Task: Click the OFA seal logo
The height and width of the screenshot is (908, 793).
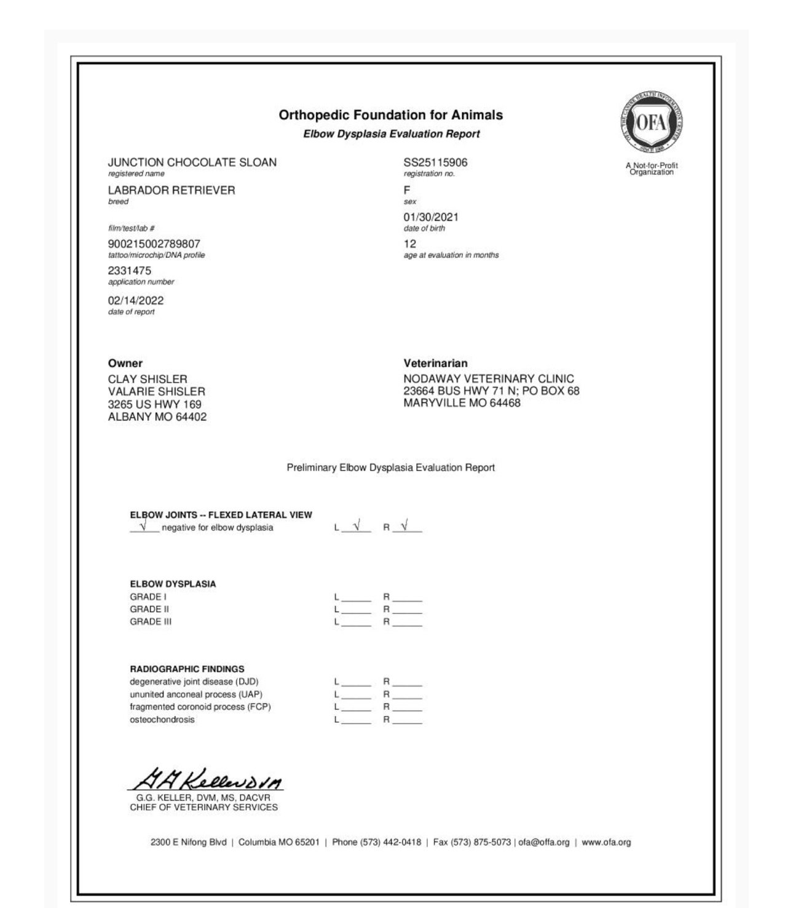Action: (651, 122)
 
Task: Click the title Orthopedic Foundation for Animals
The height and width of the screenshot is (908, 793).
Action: (390, 115)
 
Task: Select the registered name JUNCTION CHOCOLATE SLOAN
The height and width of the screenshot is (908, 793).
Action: (192, 162)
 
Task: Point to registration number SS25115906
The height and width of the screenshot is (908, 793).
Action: (435, 162)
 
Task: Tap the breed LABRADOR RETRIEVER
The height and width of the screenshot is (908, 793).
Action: (172, 190)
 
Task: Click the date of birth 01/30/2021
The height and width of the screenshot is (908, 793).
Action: (431, 217)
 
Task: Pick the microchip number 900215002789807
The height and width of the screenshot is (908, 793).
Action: (154, 244)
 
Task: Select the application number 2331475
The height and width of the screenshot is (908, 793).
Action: (129, 271)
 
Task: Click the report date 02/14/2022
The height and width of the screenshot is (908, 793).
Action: (136, 301)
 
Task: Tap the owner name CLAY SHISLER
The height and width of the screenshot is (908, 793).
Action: (148, 379)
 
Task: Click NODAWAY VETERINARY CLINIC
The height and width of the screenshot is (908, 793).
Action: (489, 379)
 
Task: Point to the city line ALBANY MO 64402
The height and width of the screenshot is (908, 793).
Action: (157, 416)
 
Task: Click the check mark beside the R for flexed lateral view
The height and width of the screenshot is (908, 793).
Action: (405, 526)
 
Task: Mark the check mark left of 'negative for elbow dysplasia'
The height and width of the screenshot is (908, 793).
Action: (144, 526)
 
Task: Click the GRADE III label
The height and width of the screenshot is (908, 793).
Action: (151, 621)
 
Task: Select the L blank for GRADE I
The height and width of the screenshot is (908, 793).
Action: (357, 597)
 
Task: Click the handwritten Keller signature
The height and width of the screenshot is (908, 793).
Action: (207, 780)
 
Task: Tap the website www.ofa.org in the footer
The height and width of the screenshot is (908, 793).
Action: (606, 842)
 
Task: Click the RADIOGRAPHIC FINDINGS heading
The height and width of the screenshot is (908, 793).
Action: (187, 669)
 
